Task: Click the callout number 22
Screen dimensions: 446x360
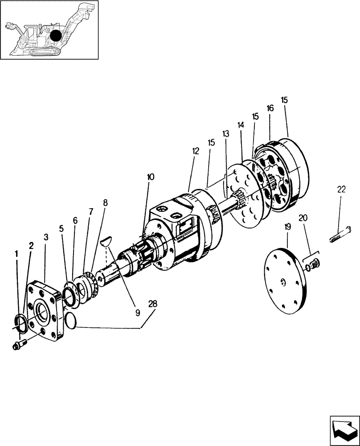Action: click(x=341, y=190)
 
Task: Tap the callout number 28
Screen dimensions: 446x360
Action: click(x=153, y=304)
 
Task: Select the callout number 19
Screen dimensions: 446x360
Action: click(x=287, y=227)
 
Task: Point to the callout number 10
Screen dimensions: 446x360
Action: click(x=151, y=177)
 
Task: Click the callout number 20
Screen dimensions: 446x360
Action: click(x=303, y=218)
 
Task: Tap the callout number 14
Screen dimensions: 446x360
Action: click(x=241, y=126)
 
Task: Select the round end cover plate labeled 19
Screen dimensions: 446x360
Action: click(x=286, y=281)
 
